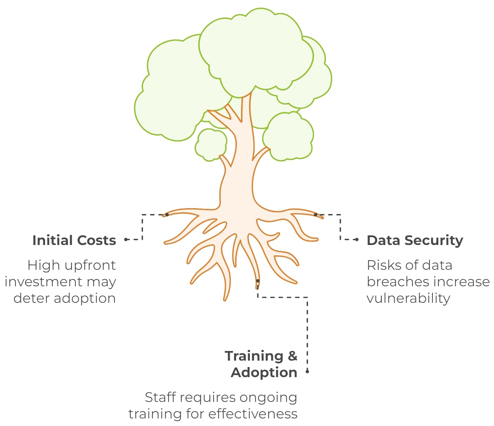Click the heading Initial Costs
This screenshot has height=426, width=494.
74,240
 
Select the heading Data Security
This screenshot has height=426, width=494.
415,240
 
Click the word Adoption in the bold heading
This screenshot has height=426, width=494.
264,372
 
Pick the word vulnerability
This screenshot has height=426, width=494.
408,298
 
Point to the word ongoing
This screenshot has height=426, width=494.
268,398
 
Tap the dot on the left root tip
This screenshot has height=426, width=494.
167,215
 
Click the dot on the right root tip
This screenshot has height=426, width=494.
316,215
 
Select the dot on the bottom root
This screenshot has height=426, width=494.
257,281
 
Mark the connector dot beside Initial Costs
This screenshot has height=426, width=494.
126,239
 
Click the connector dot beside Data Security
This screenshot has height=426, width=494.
357,239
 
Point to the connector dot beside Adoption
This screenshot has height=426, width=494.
307,372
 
